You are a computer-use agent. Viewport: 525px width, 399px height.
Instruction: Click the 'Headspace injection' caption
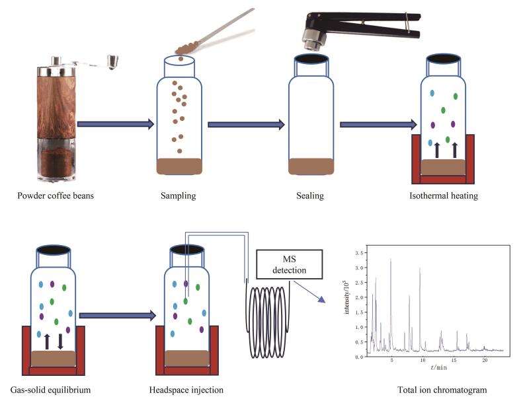pos(186,389)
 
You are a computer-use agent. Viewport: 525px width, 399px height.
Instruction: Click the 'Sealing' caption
pos(310,196)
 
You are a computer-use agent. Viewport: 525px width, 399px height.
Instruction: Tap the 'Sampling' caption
pos(178,196)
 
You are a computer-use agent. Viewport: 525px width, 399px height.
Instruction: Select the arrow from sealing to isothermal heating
pos(377,124)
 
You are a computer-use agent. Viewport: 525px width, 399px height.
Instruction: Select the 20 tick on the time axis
pos(485,361)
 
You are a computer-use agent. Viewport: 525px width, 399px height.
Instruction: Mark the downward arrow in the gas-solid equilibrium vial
pos(60,342)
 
